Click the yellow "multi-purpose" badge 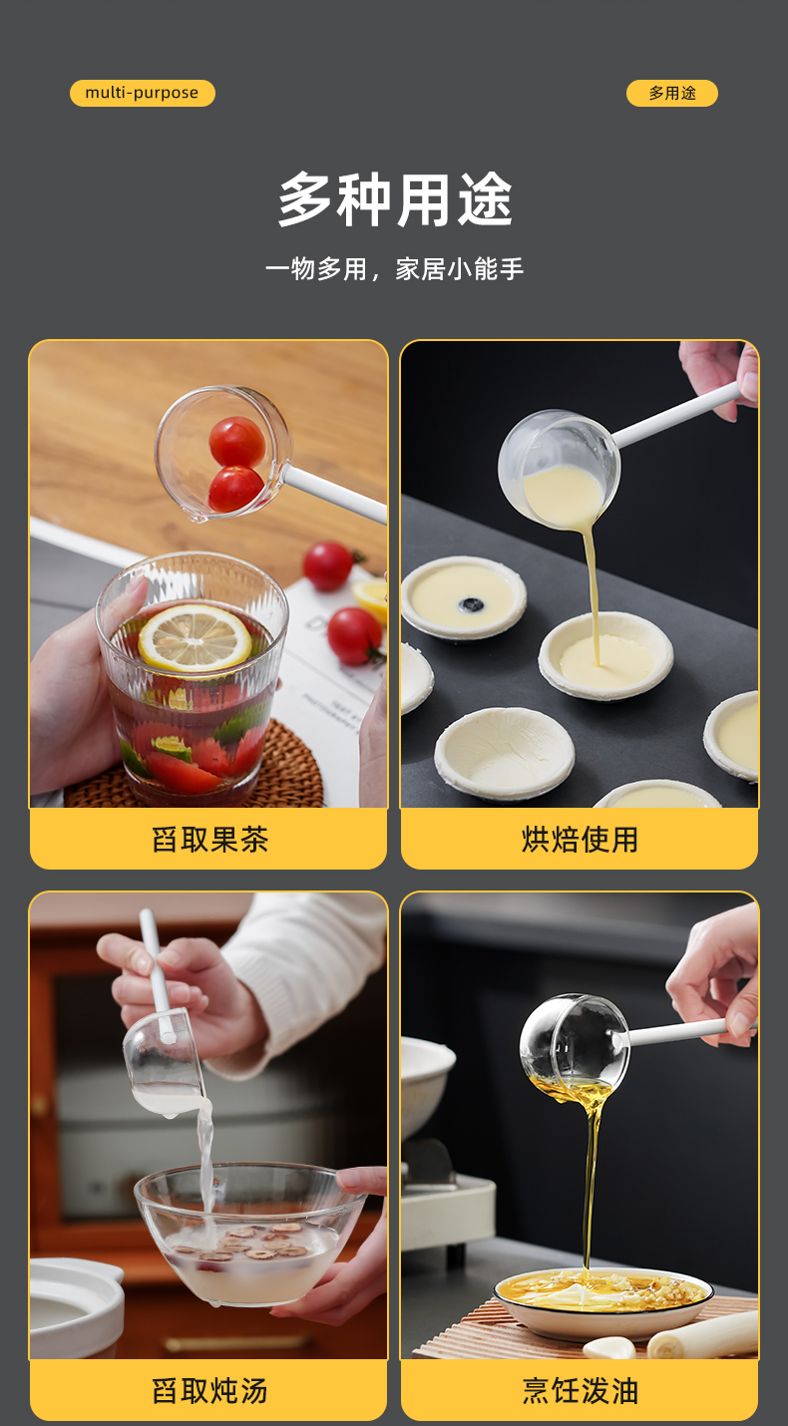click(x=142, y=93)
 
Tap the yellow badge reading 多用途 click(x=672, y=93)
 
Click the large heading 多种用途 click(x=395, y=199)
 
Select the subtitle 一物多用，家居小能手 click(x=394, y=269)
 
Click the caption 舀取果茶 click(x=209, y=839)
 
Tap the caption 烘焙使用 click(x=580, y=839)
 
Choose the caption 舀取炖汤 click(x=209, y=1391)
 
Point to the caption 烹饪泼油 click(x=580, y=1391)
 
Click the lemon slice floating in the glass click(x=195, y=638)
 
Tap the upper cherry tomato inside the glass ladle click(x=237, y=441)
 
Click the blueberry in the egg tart click(x=471, y=603)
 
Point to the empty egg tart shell click(x=505, y=753)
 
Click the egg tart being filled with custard click(x=605, y=656)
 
